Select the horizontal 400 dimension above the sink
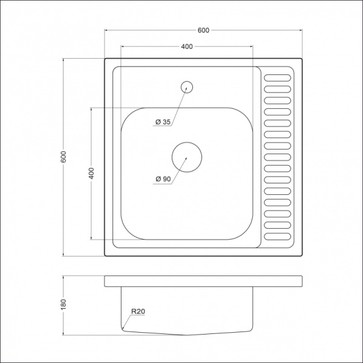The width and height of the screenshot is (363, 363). point(186,47)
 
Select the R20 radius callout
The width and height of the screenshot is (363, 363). point(137,312)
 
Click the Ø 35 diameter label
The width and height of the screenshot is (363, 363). point(163,122)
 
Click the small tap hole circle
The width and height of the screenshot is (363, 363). point(187,87)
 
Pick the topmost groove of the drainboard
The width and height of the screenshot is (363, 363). point(278,77)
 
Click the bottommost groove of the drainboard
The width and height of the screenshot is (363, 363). point(278,237)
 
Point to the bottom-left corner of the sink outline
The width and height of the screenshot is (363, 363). point(105,255)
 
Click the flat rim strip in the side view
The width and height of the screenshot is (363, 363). point(203,281)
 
